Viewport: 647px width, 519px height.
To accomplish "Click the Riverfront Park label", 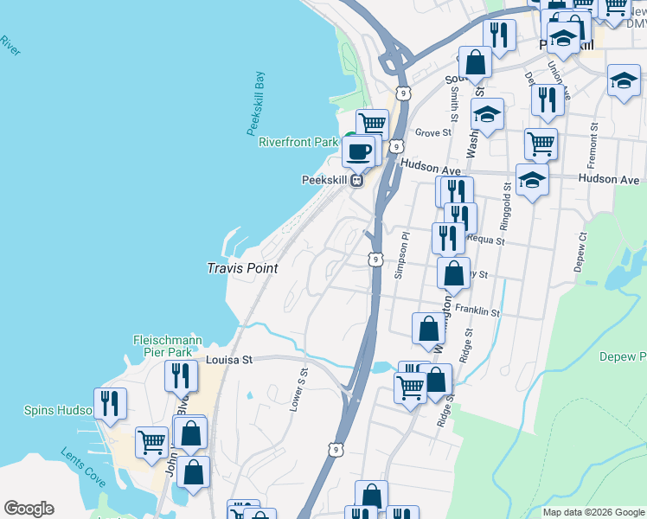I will pos(298,141).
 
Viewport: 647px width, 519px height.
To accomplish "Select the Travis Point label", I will pos(242,268).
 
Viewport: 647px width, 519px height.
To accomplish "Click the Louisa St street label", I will pos(227,359).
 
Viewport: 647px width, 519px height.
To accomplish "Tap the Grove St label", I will pos(433,133).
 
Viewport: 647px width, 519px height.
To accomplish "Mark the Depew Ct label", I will pos(580,251).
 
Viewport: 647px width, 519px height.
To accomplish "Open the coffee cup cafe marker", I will pos(357,152).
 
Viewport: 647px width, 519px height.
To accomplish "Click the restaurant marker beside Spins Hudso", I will pos(111,404).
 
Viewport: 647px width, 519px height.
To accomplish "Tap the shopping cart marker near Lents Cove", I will pos(151,442).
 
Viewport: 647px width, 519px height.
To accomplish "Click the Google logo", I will pos(29,509).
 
